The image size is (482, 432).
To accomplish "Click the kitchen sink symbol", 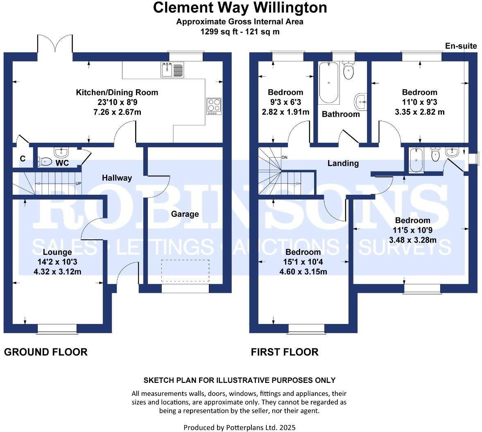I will click(173, 70).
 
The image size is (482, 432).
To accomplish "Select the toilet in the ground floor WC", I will click(45, 162).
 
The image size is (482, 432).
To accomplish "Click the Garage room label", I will click(185, 214).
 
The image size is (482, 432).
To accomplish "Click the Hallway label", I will click(117, 178).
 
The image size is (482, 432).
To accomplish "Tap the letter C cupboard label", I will click(23, 159).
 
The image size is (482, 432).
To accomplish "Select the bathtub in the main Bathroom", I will click(329, 83).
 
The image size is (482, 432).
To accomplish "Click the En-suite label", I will click(461, 46).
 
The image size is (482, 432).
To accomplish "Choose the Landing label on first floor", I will click(343, 163).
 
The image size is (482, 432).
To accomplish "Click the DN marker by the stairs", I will click(285, 158).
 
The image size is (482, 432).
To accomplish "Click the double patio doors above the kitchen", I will click(55, 44).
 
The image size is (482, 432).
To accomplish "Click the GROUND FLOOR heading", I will click(45, 352).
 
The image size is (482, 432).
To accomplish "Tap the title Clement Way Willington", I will click(240, 8).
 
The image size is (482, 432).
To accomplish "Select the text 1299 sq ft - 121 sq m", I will click(240, 32).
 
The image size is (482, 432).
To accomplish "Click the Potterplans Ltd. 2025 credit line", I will click(240, 427).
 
